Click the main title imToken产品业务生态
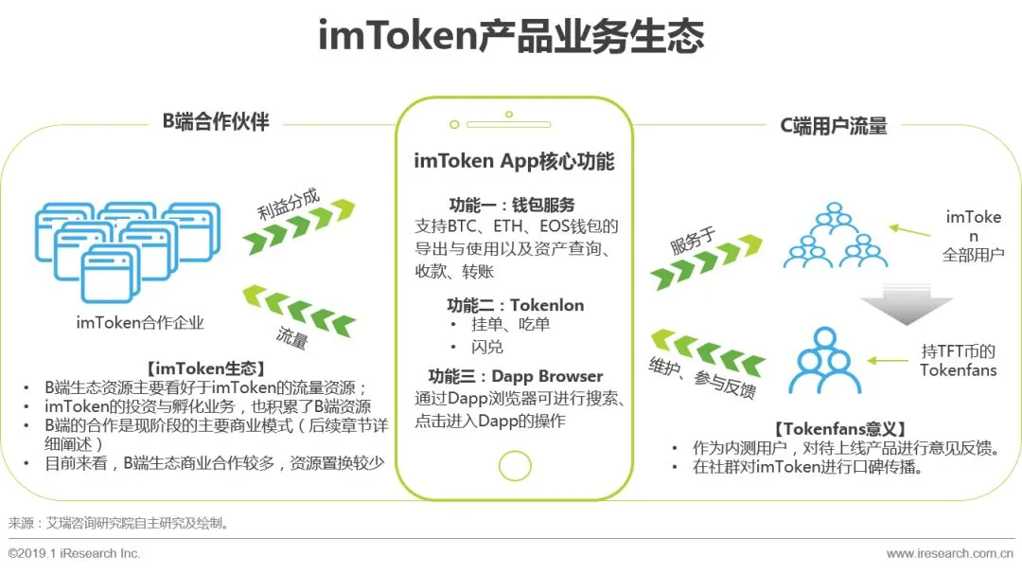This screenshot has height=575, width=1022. click(511, 35)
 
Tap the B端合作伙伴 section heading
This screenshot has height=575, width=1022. click(216, 121)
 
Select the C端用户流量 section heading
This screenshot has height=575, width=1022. click(834, 126)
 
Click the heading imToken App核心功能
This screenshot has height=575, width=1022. click(514, 161)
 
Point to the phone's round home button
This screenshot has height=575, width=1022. click(515, 466)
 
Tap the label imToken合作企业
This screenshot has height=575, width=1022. click(140, 322)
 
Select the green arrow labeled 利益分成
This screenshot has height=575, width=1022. click(298, 226)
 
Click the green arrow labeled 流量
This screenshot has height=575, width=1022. click(298, 312)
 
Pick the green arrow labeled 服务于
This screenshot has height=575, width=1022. click(706, 261)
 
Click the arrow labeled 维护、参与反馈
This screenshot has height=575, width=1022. click(708, 353)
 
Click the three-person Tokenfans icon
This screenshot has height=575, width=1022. click(825, 360)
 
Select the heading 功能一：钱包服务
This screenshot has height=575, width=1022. click(512, 205)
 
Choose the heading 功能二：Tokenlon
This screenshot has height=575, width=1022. click(515, 305)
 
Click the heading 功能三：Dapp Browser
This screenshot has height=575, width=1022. click(515, 376)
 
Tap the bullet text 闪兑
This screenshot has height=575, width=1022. click(487, 347)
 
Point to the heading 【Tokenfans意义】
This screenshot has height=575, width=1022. click(840, 429)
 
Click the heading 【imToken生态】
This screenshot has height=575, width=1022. click(205, 368)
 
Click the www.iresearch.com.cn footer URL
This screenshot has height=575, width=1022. click(950, 553)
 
